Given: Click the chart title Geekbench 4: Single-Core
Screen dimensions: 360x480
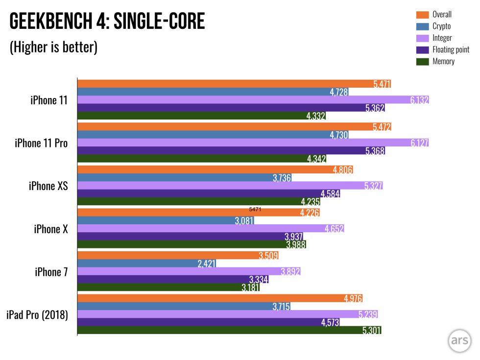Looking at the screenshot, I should [107, 22].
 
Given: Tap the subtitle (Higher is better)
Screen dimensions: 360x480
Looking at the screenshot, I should [54, 47].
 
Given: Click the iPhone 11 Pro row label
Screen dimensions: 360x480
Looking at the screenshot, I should [41, 143].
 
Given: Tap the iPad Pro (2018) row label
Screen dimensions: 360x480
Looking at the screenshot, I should [37, 314].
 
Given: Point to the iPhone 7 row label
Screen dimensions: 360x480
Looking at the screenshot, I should [51, 271].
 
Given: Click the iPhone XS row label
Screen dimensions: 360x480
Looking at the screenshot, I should [48, 186].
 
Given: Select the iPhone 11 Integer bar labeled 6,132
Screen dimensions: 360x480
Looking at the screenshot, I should [253, 100].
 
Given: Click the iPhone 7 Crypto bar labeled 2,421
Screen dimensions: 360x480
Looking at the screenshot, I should [147, 264].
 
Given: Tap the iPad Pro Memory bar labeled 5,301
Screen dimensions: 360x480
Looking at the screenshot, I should [229, 330].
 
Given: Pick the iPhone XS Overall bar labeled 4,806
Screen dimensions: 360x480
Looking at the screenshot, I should [216, 169].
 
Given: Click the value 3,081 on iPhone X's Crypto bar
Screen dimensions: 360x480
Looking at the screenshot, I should [244, 221].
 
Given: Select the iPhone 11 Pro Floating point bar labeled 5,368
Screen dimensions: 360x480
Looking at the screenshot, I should [231, 151].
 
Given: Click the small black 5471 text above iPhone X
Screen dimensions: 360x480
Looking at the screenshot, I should [255, 209].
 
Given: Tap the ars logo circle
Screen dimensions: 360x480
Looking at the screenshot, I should [459, 340].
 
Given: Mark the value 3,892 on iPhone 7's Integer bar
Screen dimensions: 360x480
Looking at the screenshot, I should [290, 271].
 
